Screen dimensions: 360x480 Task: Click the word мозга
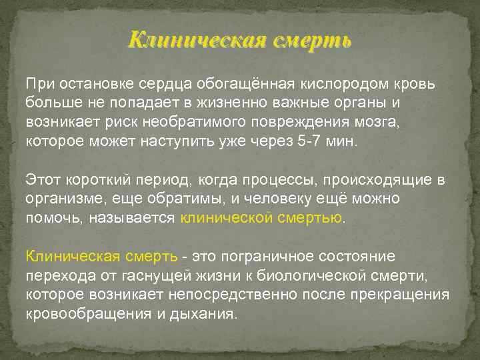coord(381,123)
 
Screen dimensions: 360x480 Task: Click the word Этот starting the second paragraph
coord(42,180)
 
